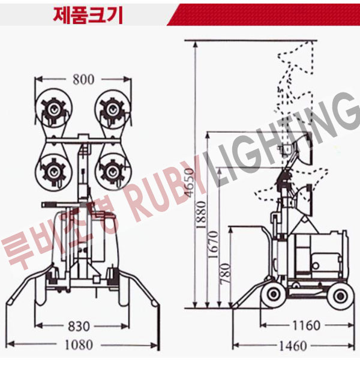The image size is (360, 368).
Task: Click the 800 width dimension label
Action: [x=83, y=80]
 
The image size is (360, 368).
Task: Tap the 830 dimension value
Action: [x=79, y=326]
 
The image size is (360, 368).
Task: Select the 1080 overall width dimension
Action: [x=79, y=345]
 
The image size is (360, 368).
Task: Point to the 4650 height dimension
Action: [x=190, y=182]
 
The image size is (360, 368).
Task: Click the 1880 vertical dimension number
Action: [x=201, y=214]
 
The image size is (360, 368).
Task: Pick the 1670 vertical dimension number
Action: [x=214, y=244]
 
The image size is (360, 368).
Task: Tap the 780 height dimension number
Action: [x=226, y=273]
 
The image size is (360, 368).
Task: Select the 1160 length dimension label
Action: [x=306, y=325]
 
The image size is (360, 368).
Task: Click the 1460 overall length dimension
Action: [x=293, y=346]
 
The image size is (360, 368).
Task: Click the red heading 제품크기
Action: [x=88, y=15]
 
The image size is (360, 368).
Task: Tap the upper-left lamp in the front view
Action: [x=54, y=108]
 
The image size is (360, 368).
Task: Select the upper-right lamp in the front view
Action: [x=113, y=109]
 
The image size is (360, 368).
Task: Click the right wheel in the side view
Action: [x=340, y=296]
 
